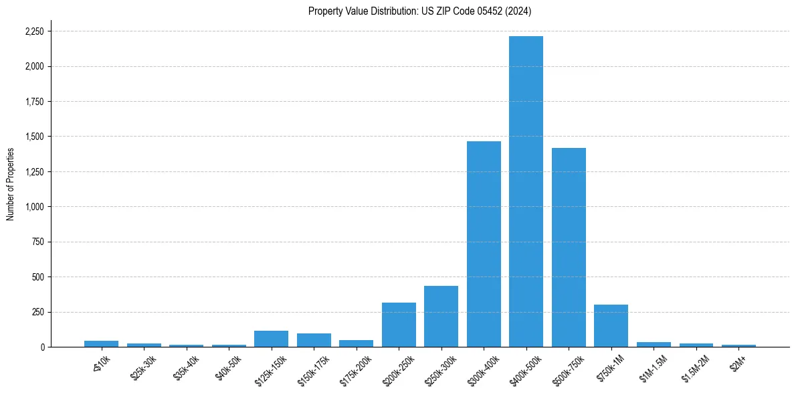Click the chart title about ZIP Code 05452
coord(419,11)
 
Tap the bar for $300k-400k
coord(484,244)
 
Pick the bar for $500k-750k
coord(569,247)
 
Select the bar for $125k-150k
coord(271,339)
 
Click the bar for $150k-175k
coord(314,340)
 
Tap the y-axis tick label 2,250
coord(34,31)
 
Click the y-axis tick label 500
coord(38,277)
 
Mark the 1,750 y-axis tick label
coord(34,102)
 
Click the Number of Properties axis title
coord(11,183)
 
